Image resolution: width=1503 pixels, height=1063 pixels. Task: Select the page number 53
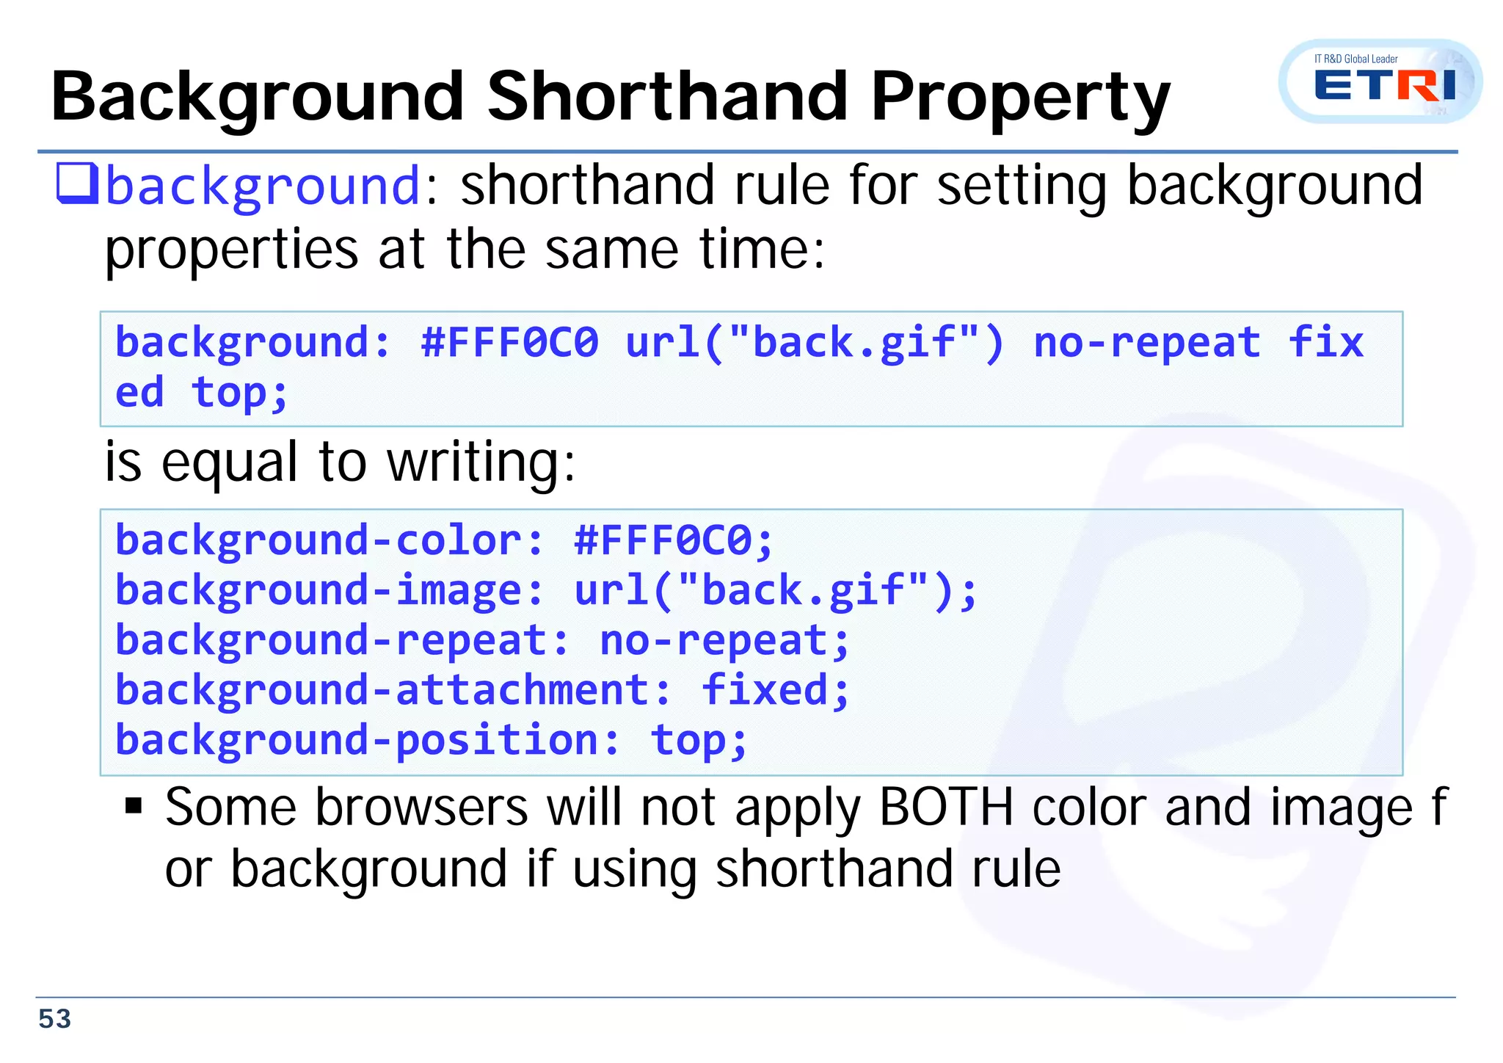pos(54,1019)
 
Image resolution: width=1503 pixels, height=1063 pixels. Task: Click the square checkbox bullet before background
pos(76,184)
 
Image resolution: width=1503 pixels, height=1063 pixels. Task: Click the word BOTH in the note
pos(946,808)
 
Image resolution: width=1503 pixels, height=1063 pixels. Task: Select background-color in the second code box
pos(319,541)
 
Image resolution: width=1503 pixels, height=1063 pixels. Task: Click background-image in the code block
pos(319,591)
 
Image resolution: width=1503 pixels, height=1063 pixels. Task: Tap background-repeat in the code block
pos(331,640)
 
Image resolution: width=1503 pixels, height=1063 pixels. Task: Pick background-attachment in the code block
pos(382,690)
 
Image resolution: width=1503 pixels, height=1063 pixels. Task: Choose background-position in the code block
pos(357,740)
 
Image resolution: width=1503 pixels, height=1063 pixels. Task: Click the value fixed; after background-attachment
pos(775,690)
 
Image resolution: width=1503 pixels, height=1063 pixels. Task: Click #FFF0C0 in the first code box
pos(509,343)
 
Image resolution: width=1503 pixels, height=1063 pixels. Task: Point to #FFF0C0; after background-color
pos(673,541)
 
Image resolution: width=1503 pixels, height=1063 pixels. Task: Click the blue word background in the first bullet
pos(263,186)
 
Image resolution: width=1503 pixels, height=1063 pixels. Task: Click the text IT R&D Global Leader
pos(1355,59)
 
